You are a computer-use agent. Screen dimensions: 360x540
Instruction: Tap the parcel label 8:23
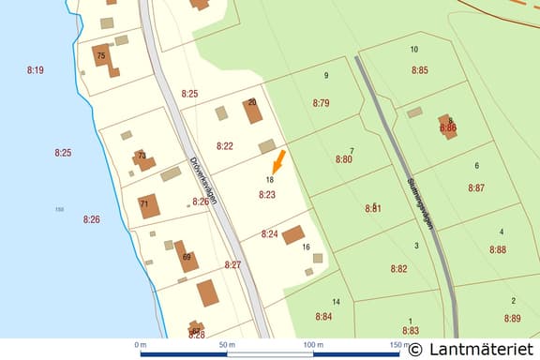[x=267, y=195]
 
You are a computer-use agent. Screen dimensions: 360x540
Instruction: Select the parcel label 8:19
[x=36, y=70]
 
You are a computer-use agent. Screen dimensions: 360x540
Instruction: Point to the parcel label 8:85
[x=419, y=70]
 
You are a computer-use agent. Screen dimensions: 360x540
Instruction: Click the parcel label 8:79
[x=322, y=103]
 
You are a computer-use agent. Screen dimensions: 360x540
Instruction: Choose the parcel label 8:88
[x=497, y=249]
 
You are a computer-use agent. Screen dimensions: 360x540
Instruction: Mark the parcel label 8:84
[x=323, y=317]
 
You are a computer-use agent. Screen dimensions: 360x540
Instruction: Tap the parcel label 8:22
[x=225, y=146]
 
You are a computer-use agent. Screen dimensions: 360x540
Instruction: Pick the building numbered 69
[x=187, y=257]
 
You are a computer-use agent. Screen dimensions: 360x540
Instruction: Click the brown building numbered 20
[x=252, y=112]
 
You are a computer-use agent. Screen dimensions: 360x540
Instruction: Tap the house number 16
[x=306, y=247]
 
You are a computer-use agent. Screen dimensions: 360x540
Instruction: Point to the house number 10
[x=413, y=49]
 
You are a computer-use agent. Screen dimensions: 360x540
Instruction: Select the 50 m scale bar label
[x=226, y=346]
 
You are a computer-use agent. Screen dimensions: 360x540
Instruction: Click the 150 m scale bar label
[x=393, y=346]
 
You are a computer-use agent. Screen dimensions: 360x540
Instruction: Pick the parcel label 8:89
[x=512, y=319]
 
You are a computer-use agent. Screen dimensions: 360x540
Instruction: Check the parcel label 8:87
[x=476, y=188]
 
